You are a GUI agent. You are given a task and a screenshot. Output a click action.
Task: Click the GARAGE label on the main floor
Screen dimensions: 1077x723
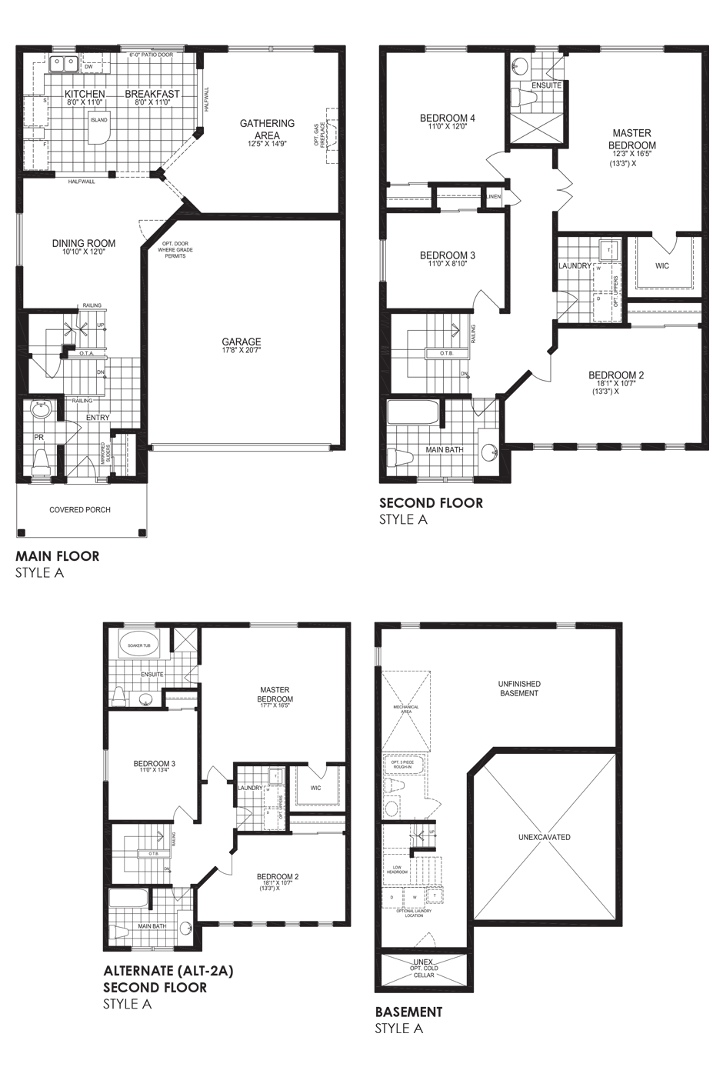click(x=242, y=342)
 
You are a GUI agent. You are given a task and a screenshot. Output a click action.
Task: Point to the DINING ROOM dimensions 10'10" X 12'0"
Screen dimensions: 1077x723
click(x=84, y=252)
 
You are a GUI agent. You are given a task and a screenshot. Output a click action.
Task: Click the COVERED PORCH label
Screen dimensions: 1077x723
click(x=80, y=509)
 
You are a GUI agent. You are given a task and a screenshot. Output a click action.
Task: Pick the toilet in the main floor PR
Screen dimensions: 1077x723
click(x=41, y=462)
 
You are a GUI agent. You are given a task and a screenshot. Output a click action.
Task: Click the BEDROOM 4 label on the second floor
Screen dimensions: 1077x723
click(x=447, y=118)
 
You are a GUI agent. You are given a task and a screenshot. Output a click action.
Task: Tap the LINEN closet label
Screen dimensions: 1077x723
click(x=494, y=197)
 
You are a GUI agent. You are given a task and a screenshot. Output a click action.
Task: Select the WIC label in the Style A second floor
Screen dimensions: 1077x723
click(x=661, y=265)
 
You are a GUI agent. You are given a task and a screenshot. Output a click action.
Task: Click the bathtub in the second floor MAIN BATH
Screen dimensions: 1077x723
click(x=413, y=413)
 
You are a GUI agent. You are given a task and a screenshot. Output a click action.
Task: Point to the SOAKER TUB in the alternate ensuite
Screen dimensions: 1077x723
click(x=139, y=645)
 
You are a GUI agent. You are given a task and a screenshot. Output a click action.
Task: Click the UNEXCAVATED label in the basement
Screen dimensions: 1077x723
click(x=544, y=837)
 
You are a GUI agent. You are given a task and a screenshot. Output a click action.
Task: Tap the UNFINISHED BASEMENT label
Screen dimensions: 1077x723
click(x=519, y=689)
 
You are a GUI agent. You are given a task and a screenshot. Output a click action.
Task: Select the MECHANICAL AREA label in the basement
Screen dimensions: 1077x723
click(x=405, y=709)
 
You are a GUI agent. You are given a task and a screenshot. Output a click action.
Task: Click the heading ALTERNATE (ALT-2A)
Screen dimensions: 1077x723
click(x=168, y=971)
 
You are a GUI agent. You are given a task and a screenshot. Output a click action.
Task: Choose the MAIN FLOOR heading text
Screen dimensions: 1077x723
click(x=58, y=555)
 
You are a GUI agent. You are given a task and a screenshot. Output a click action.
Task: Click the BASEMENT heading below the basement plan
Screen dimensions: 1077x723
click(x=408, y=1012)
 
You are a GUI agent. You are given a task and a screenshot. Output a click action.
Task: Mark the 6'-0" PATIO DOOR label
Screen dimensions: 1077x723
click(x=151, y=55)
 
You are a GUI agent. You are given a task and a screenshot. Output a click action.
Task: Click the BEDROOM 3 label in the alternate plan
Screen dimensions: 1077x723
click(x=154, y=764)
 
